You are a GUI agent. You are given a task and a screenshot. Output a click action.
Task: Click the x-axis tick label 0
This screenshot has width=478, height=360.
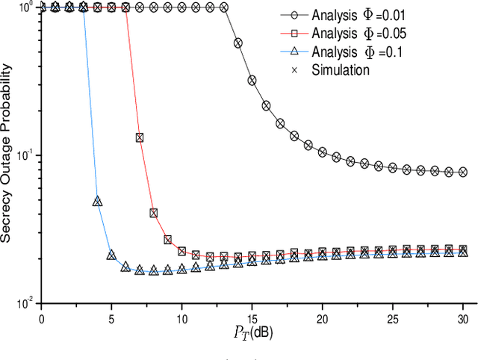[x=40, y=317]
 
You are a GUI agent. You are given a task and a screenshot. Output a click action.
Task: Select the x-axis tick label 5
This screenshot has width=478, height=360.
[x=111, y=317]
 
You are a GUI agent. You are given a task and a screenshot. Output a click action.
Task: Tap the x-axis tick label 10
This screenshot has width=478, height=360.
[x=181, y=317]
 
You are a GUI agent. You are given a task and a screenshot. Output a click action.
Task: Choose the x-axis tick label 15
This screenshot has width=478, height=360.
[x=252, y=317]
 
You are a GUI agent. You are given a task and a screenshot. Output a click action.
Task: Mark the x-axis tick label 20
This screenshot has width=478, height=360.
[x=322, y=317]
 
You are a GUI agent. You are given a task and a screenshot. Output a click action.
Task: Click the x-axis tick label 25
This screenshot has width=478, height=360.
[x=393, y=317]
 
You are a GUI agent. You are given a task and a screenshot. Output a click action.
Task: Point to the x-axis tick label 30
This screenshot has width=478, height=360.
[x=463, y=317]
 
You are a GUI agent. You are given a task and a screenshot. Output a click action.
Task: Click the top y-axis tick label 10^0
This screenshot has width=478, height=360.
[x=24, y=7]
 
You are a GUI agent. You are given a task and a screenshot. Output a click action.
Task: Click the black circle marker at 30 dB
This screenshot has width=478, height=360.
[x=463, y=172]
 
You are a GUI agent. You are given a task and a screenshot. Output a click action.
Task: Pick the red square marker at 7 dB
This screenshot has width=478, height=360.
[x=139, y=137]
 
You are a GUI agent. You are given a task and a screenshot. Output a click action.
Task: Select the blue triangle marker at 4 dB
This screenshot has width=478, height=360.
[x=97, y=202]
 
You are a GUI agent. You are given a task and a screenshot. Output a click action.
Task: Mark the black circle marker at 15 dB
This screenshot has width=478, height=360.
[x=252, y=79]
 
